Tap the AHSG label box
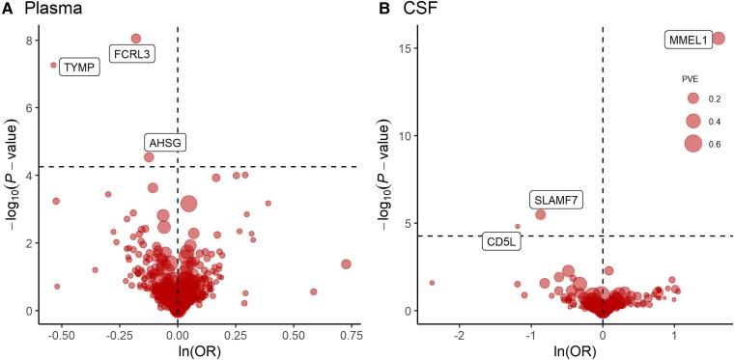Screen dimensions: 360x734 [165, 143]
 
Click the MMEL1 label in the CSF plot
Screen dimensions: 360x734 [689, 41]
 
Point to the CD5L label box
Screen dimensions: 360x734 [502, 241]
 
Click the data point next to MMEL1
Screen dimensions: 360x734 [719, 39]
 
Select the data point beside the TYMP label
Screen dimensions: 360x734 [54, 66]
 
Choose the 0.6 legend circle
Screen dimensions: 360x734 [692, 144]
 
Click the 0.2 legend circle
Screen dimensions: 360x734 [692, 98]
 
